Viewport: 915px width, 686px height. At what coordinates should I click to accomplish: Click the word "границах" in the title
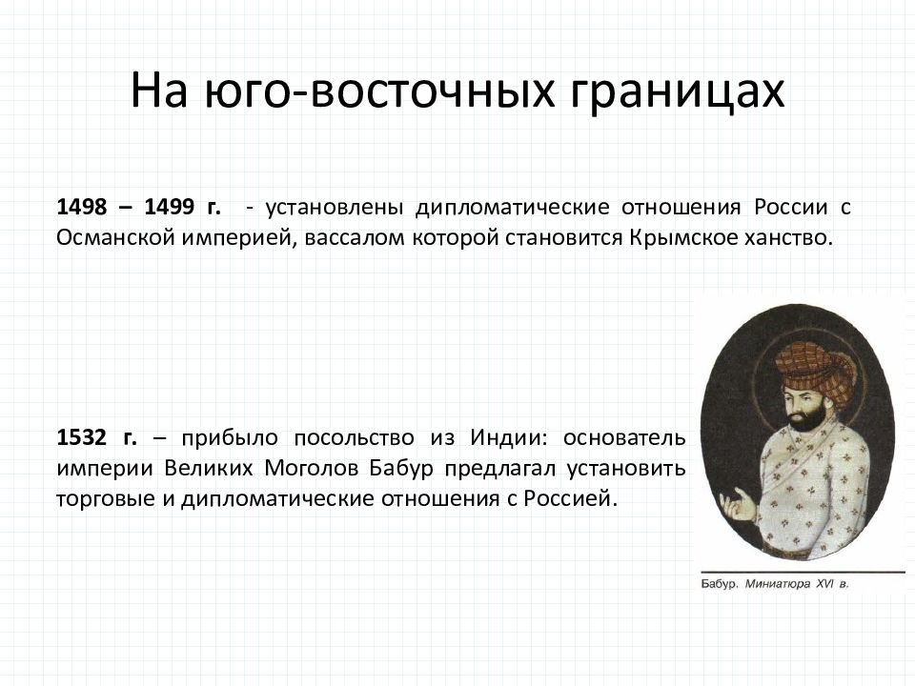coord(677,91)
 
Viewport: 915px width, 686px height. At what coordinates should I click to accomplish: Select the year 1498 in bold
coord(82,207)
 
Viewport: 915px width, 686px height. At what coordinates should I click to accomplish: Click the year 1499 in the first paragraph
coord(170,207)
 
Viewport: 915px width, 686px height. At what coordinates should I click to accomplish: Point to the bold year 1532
coord(82,437)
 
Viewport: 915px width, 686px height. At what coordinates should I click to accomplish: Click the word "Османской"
coord(115,237)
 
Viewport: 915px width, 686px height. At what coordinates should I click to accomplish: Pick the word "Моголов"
coord(311,468)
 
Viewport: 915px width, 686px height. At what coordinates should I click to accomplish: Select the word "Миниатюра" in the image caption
coord(778,584)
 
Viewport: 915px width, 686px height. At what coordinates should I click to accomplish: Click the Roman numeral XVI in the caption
coord(824,583)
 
